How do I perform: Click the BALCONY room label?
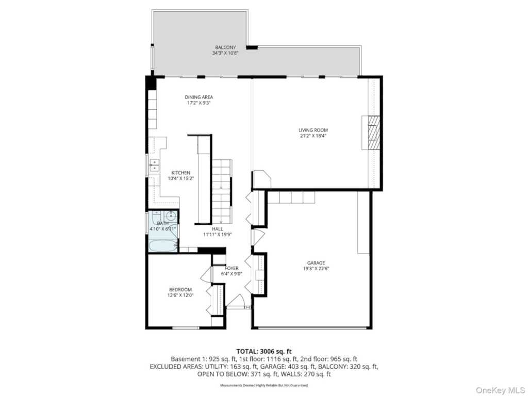(x=225, y=47)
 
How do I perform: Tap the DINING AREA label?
(x=199, y=97)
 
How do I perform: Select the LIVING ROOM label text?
(x=313, y=130)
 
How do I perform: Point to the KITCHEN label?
(x=181, y=173)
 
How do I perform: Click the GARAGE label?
(x=316, y=263)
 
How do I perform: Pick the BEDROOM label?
(x=180, y=290)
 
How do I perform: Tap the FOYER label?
(x=232, y=268)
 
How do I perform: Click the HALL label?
(x=217, y=229)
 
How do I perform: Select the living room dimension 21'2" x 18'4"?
(x=313, y=136)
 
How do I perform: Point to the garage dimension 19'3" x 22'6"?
(x=316, y=269)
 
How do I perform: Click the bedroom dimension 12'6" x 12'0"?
(x=180, y=295)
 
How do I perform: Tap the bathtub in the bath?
(x=163, y=245)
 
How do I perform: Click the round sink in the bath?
(x=171, y=216)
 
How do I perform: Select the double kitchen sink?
(x=154, y=165)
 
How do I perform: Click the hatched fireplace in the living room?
(x=374, y=133)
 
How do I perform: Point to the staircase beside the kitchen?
(x=222, y=191)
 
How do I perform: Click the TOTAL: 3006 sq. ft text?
(x=264, y=352)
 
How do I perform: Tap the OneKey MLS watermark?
(x=500, y=390)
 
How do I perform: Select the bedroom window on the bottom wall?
(x=186, y=327)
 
